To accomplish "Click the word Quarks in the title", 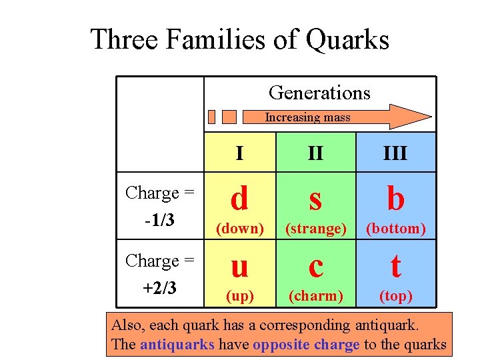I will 347,39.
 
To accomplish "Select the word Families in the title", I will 217,39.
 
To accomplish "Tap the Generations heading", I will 319,93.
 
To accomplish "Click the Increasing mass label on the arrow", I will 307,117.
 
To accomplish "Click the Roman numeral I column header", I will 239,153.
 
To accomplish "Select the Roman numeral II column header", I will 316,153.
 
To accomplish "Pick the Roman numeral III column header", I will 395,153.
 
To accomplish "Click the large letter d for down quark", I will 239,198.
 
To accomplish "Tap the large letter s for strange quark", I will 316,199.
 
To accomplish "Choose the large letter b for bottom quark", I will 395,198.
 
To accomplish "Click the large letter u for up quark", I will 239,267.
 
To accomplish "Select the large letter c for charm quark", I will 316,267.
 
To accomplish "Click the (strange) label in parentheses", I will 316,229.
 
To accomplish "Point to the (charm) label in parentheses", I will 316,295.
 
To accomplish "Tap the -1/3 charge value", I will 159,219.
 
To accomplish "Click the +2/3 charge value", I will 159,287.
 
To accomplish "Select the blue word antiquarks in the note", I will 177,344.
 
